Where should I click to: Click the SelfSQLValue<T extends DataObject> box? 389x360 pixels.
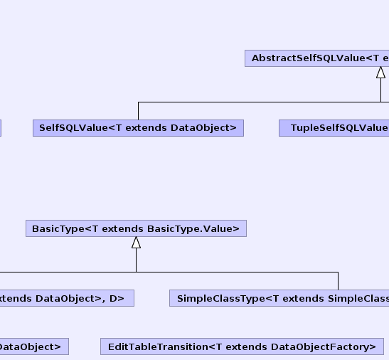coord(138,128)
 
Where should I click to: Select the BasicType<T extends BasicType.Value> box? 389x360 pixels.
coord(137,228)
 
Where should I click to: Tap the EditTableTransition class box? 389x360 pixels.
coord(242,346)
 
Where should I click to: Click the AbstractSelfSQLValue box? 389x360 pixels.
coord(316,58)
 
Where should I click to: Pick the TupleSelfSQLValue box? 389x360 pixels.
coord(334,128)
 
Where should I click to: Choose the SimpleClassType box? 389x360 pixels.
coord(279,298)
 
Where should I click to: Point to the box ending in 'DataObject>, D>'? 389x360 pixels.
coord(67,298)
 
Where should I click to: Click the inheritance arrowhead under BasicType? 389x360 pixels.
coord(137,243)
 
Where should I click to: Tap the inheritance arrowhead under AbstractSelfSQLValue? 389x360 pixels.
coord(380,73)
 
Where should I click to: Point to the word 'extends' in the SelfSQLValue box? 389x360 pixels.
coord(146,128)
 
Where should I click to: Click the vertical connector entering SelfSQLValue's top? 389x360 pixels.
coord(139,111)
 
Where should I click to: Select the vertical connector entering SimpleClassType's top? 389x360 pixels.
coord(338,281)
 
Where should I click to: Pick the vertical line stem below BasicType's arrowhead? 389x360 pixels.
coord(137,260)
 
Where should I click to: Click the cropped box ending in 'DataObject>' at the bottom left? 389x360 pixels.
coord(34,346)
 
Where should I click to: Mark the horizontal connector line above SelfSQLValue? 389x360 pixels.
coord(260,102)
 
